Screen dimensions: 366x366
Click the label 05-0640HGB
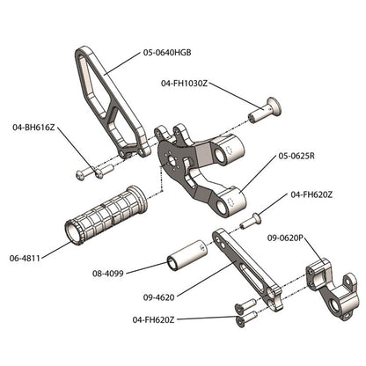(x=167, y=53)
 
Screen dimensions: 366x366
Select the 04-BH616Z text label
(x=34, y=128)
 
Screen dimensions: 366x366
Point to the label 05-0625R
(x=296, y=156)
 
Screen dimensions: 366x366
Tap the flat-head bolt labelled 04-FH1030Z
(x=263, y=110)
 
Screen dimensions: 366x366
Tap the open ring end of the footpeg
(x=71, y=232)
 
